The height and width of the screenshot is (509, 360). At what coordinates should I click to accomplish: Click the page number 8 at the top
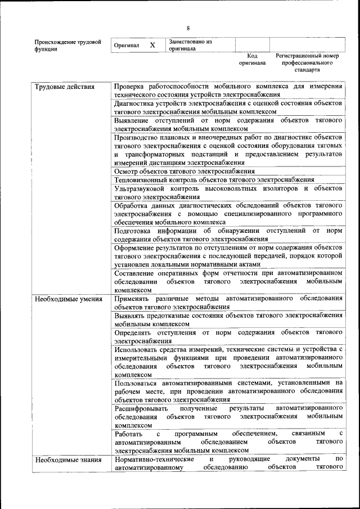188,28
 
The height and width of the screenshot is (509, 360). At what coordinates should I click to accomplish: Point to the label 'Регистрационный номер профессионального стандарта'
307,63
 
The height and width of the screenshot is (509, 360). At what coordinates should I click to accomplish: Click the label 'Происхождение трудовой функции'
67,45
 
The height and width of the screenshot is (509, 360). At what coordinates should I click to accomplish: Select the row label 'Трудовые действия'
64,87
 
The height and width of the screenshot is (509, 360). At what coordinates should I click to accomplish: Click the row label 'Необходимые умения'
68,299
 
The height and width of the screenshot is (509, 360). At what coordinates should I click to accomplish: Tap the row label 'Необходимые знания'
67,460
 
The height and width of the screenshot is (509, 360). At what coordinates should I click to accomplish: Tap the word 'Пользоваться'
136,383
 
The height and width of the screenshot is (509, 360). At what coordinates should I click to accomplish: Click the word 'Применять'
131,299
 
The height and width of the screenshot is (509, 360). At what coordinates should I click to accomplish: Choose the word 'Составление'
136,272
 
